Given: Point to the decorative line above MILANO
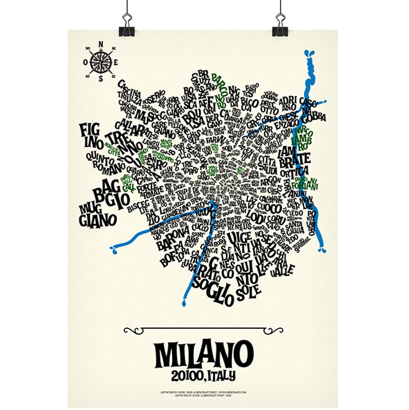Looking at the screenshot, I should [x=203, y=329].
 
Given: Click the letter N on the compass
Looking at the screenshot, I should [x=101, y=45].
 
